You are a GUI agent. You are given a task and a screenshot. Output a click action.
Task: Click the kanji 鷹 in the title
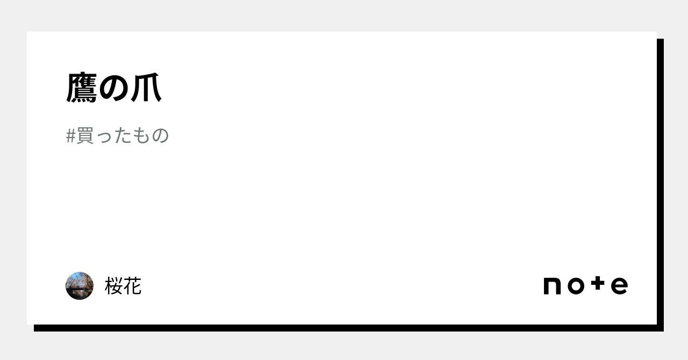(x=82, y=88)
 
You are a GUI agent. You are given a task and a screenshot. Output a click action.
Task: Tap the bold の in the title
(x=113, y=88)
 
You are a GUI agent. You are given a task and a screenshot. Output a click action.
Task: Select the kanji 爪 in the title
(x=146, y=88)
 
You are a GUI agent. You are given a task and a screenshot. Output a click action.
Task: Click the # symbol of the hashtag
(x=70, y=136)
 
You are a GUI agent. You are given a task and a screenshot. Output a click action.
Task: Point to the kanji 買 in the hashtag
(x=85, y=135)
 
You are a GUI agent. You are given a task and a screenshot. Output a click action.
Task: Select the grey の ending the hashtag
(x=160, y=136)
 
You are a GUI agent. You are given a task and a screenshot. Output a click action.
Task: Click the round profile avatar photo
(x=80, y=286)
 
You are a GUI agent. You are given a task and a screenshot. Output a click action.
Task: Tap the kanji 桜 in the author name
(x=113, y=286)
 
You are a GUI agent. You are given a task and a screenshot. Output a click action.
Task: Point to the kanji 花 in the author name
(x=132, y=286)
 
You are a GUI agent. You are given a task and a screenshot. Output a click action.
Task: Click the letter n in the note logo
(x=552, y=286)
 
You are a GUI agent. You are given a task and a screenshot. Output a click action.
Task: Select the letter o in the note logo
(x=576, y=286)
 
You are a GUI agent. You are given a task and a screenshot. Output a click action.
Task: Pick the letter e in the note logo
(x=620, y=286)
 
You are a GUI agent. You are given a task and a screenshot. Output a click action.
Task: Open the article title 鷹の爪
(x=113, y=88)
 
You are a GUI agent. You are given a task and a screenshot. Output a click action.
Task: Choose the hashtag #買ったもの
(x=117, y=135)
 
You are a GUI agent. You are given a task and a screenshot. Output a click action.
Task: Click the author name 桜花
(x=123, y=286)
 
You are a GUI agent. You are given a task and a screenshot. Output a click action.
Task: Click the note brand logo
(x=586, y=285)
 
